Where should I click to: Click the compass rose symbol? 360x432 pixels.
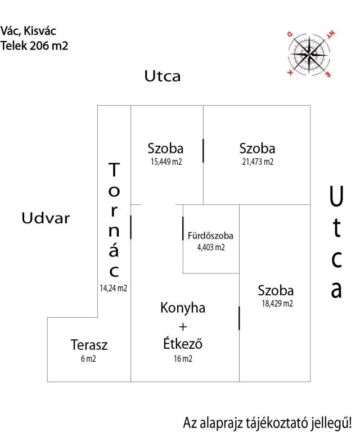point(309,54)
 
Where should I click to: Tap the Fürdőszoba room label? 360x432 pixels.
point(210,236)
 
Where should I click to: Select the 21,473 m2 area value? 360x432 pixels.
point(258,161)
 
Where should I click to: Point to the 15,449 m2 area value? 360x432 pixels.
point(166,161)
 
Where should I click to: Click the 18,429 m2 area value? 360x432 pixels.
point(277,303)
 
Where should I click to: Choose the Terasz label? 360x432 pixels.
point(89,345)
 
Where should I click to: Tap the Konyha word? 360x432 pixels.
point(183,308)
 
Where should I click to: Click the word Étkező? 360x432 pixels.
point(183,344)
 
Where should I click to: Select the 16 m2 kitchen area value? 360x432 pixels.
point(183,358)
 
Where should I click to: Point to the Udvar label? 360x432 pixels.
point(46,218)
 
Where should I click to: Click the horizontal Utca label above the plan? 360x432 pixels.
point(163,76)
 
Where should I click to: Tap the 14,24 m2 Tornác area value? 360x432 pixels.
point(113,288)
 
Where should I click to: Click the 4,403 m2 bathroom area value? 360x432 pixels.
point(211,247)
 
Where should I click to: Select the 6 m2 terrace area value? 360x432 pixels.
point(88,358)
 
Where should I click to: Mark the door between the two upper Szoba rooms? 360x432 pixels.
point(203,151)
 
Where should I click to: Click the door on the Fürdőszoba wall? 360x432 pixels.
point(183,228)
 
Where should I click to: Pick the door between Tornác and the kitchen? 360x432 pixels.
point(130,227)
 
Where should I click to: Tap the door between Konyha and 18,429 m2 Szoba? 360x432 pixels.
point(239,318)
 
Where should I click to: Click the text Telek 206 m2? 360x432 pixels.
point(34,46)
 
